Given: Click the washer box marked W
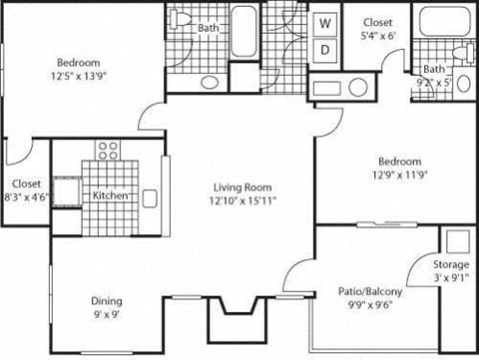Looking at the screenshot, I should tap(325, 22).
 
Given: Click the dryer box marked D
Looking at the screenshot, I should tap(325, 49).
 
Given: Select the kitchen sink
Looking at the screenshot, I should tap(151, 197).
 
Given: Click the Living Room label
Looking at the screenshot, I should tap(241, 184).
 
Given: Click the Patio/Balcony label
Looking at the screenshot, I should tap(370, 292).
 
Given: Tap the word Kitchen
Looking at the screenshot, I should tap(110, 196).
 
